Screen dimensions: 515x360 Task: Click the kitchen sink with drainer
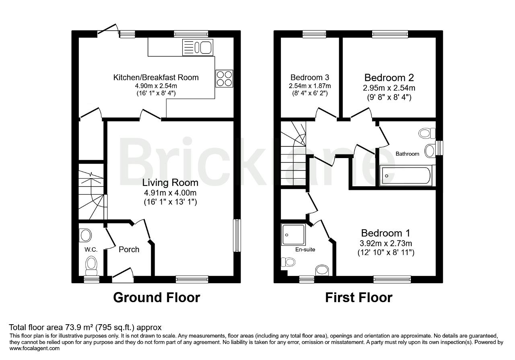coord(198,47)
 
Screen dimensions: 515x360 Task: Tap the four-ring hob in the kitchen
coord(224,78)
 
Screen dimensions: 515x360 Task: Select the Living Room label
coord(170,183)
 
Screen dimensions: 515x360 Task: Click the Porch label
coord(129,249)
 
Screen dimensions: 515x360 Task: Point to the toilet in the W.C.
coord(91,267)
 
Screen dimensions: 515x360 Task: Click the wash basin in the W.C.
coord(85,235)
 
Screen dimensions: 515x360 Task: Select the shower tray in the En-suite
coord(293,235)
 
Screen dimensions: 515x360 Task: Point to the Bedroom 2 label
coord(389,78)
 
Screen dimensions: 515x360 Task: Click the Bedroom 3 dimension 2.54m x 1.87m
coord(310,86)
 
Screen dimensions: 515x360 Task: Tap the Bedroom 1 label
coord(385,233)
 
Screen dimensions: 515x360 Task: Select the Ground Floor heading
coord(157,298)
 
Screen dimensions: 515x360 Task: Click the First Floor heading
coord(358,298)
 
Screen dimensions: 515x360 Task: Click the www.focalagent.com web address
coord(35,348)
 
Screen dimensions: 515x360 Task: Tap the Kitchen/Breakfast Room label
coord(156,78)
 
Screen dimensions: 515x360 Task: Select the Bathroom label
coord(407,154)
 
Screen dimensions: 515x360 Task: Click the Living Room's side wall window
coord(237,235)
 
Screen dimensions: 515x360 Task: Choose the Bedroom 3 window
coord(314,34)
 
